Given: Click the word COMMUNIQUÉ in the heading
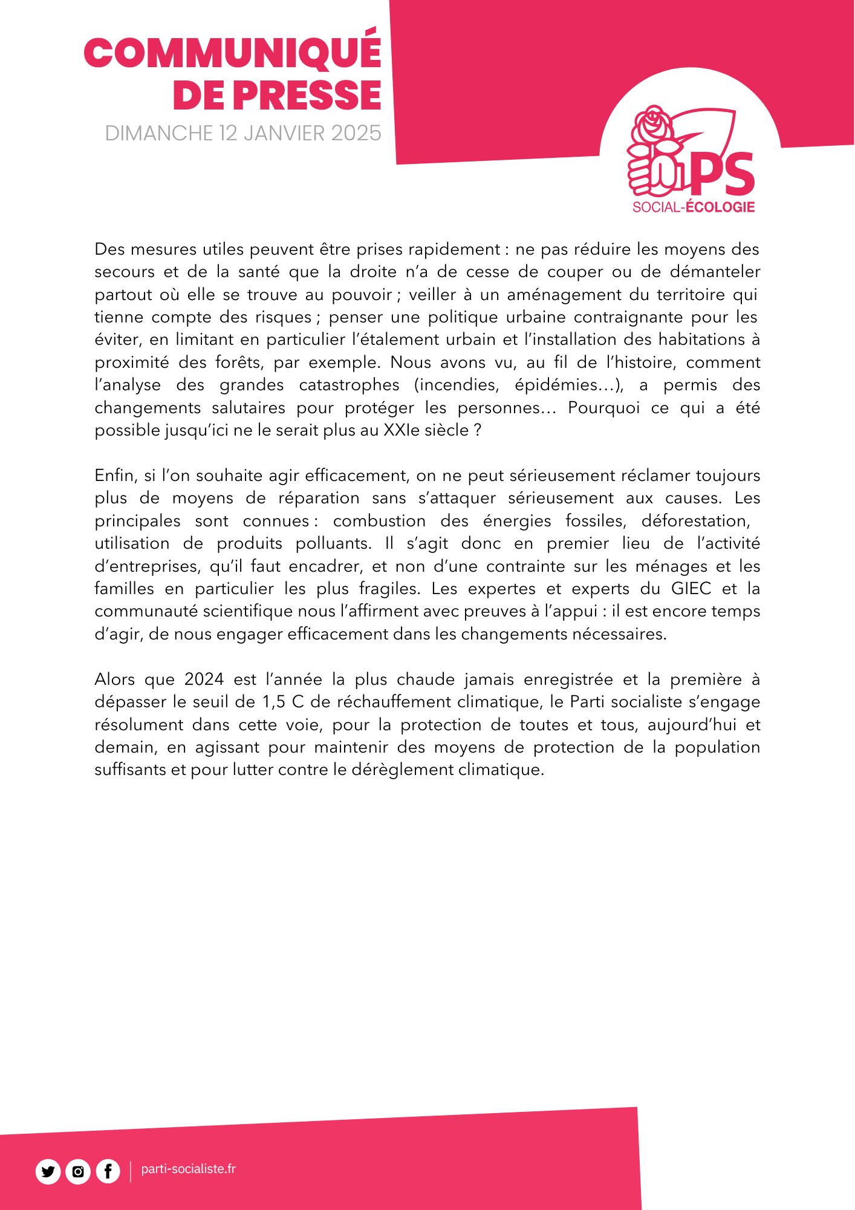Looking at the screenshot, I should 233,53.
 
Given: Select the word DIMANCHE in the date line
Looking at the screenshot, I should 158,133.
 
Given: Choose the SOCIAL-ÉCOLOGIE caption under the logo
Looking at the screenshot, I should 694,208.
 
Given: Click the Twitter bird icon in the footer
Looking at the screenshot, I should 48,1172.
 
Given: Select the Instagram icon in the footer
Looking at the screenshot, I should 78,1172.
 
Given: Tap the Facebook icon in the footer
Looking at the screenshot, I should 108,1172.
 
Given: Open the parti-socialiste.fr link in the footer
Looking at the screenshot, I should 188,1169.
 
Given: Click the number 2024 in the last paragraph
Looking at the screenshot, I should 204,679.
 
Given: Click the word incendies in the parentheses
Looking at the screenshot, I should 456,385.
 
